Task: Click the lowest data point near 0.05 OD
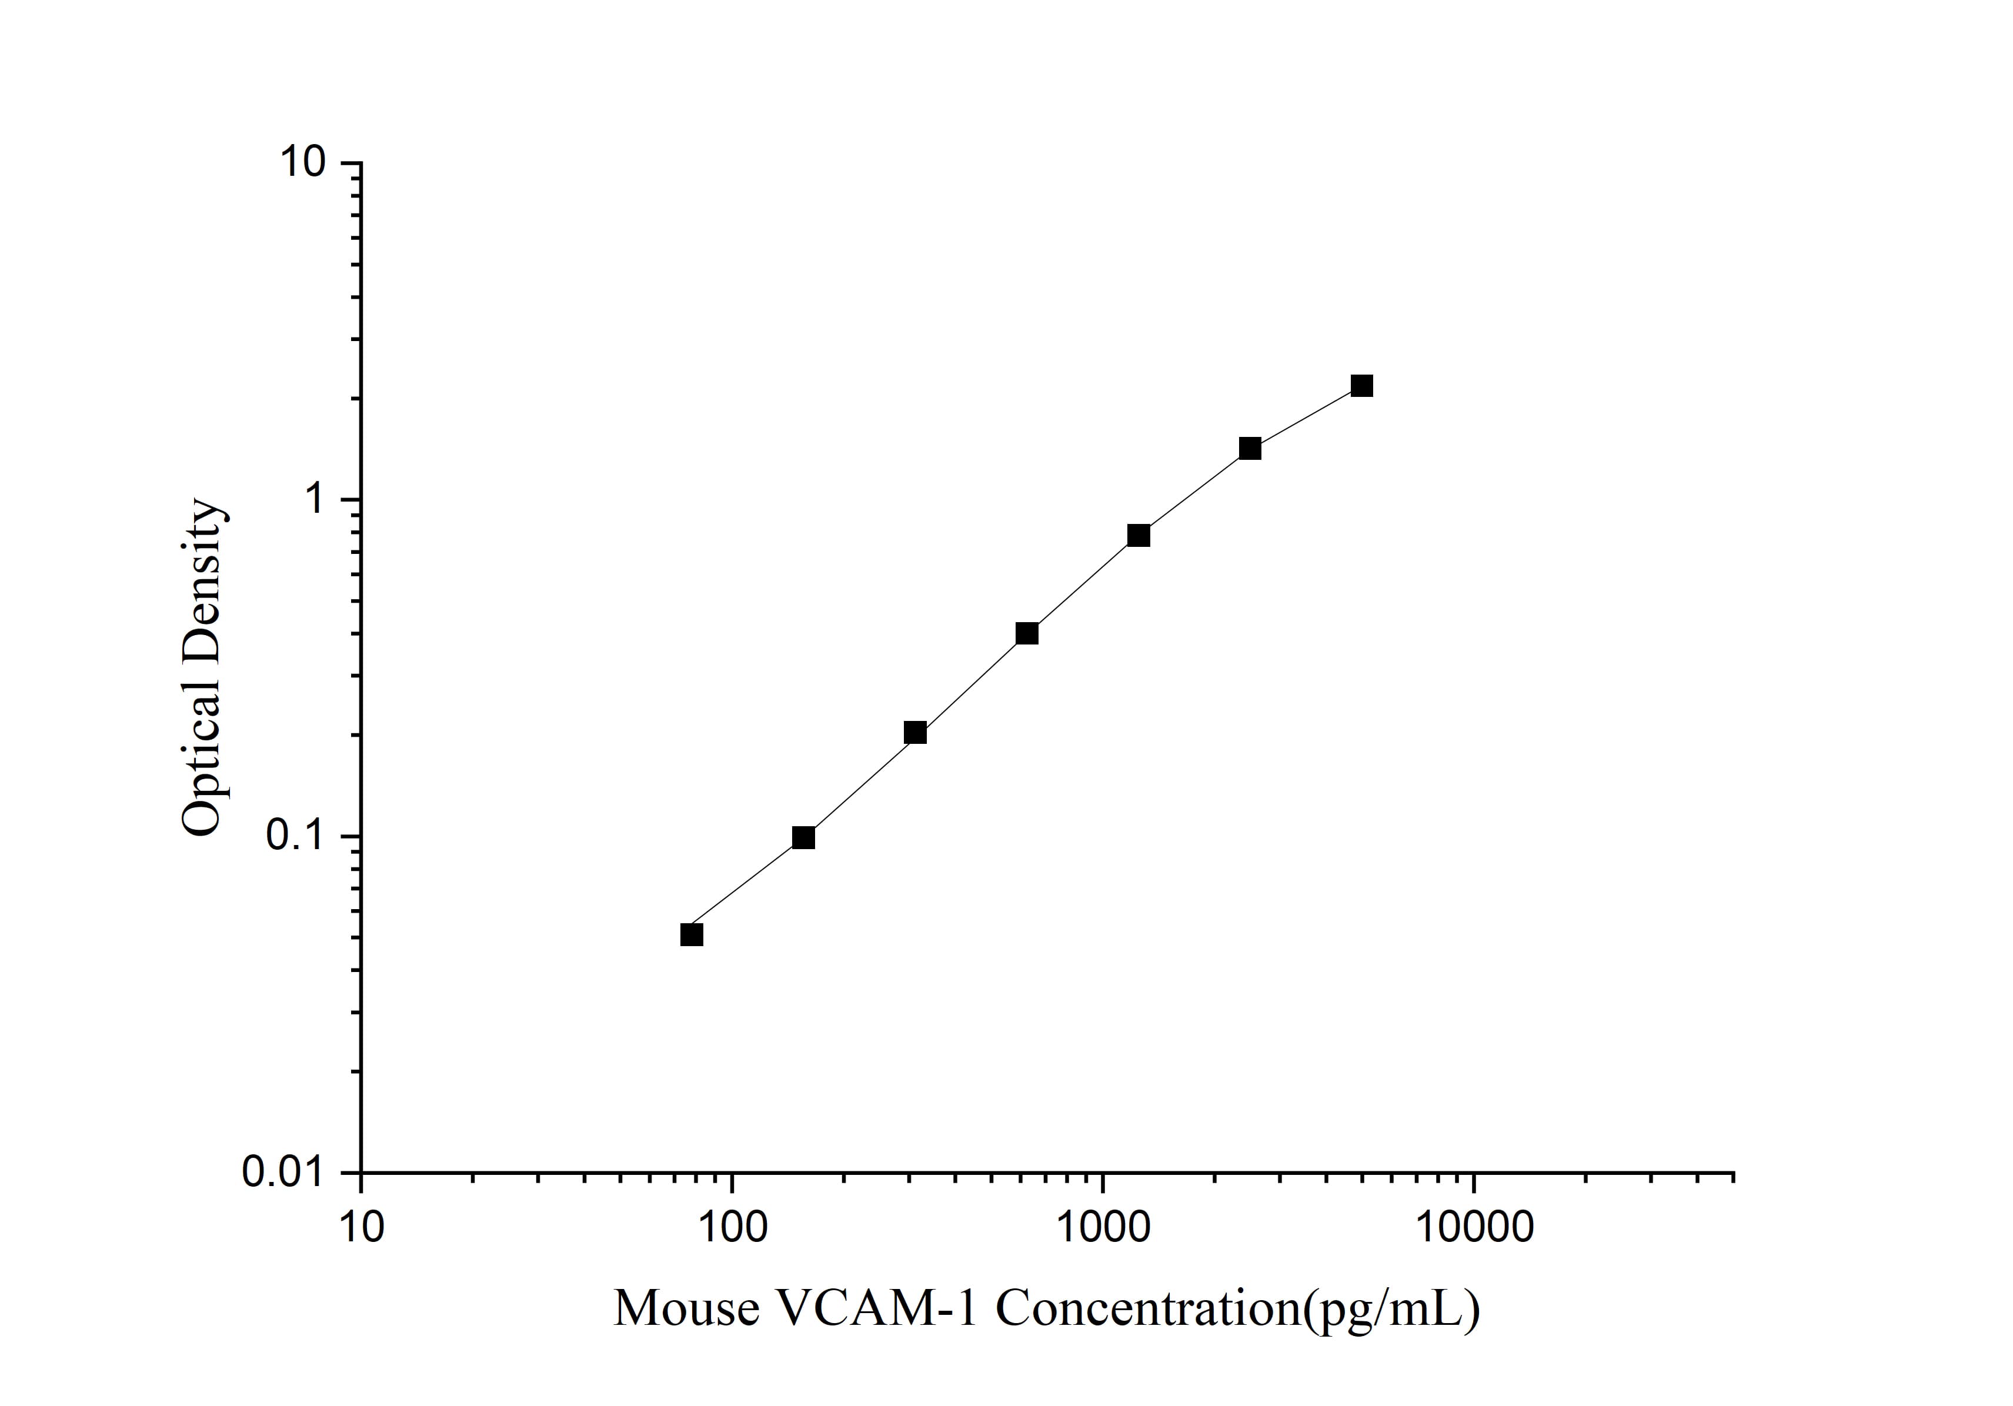pos(692,936)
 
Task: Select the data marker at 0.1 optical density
pos(803,838)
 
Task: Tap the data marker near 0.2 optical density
pos(915,733)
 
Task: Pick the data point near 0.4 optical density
pos(1027,634)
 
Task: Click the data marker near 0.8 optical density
pos(1139,536)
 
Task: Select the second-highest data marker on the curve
pos(1250,449)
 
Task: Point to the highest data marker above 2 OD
pos(1361,386)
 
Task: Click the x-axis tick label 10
pos(360,1227)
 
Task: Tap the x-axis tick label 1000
pos(1102,1227)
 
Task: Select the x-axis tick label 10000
pos(1473,1227)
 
